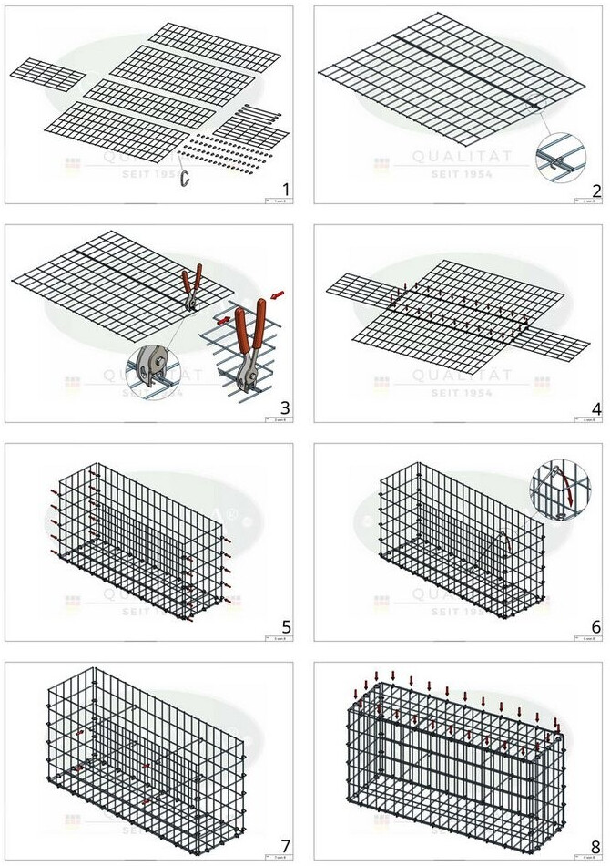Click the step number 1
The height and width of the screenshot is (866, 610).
tap(285, 190)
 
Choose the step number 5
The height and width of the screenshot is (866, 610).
tap(285, 627)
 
